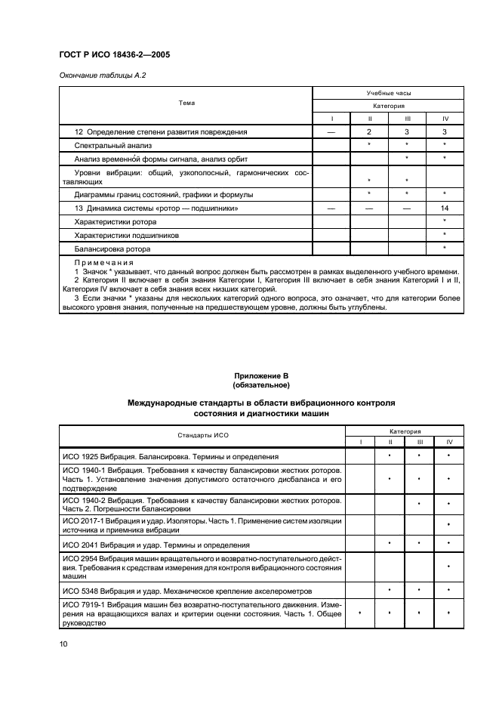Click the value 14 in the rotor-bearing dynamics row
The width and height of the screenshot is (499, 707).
pyautogui.click(x=445, y=208)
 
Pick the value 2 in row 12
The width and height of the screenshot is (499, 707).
pyautogui.click(x=369, y=132)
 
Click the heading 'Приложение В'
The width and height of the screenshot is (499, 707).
pyautogui.click(x=261, y=375)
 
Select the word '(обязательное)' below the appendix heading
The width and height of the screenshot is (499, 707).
pyautogui.click(x=261, y=384)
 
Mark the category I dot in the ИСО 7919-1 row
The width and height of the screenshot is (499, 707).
pyautogui.click(x=360, y=615)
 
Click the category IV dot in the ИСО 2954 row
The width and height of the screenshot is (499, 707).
pyautogui.click(x=449, y=567)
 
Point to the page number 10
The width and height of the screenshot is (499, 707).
pyautogui.click(x=64, y=644)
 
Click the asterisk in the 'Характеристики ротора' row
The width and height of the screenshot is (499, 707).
pyautogui.click(x=445, y=221)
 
